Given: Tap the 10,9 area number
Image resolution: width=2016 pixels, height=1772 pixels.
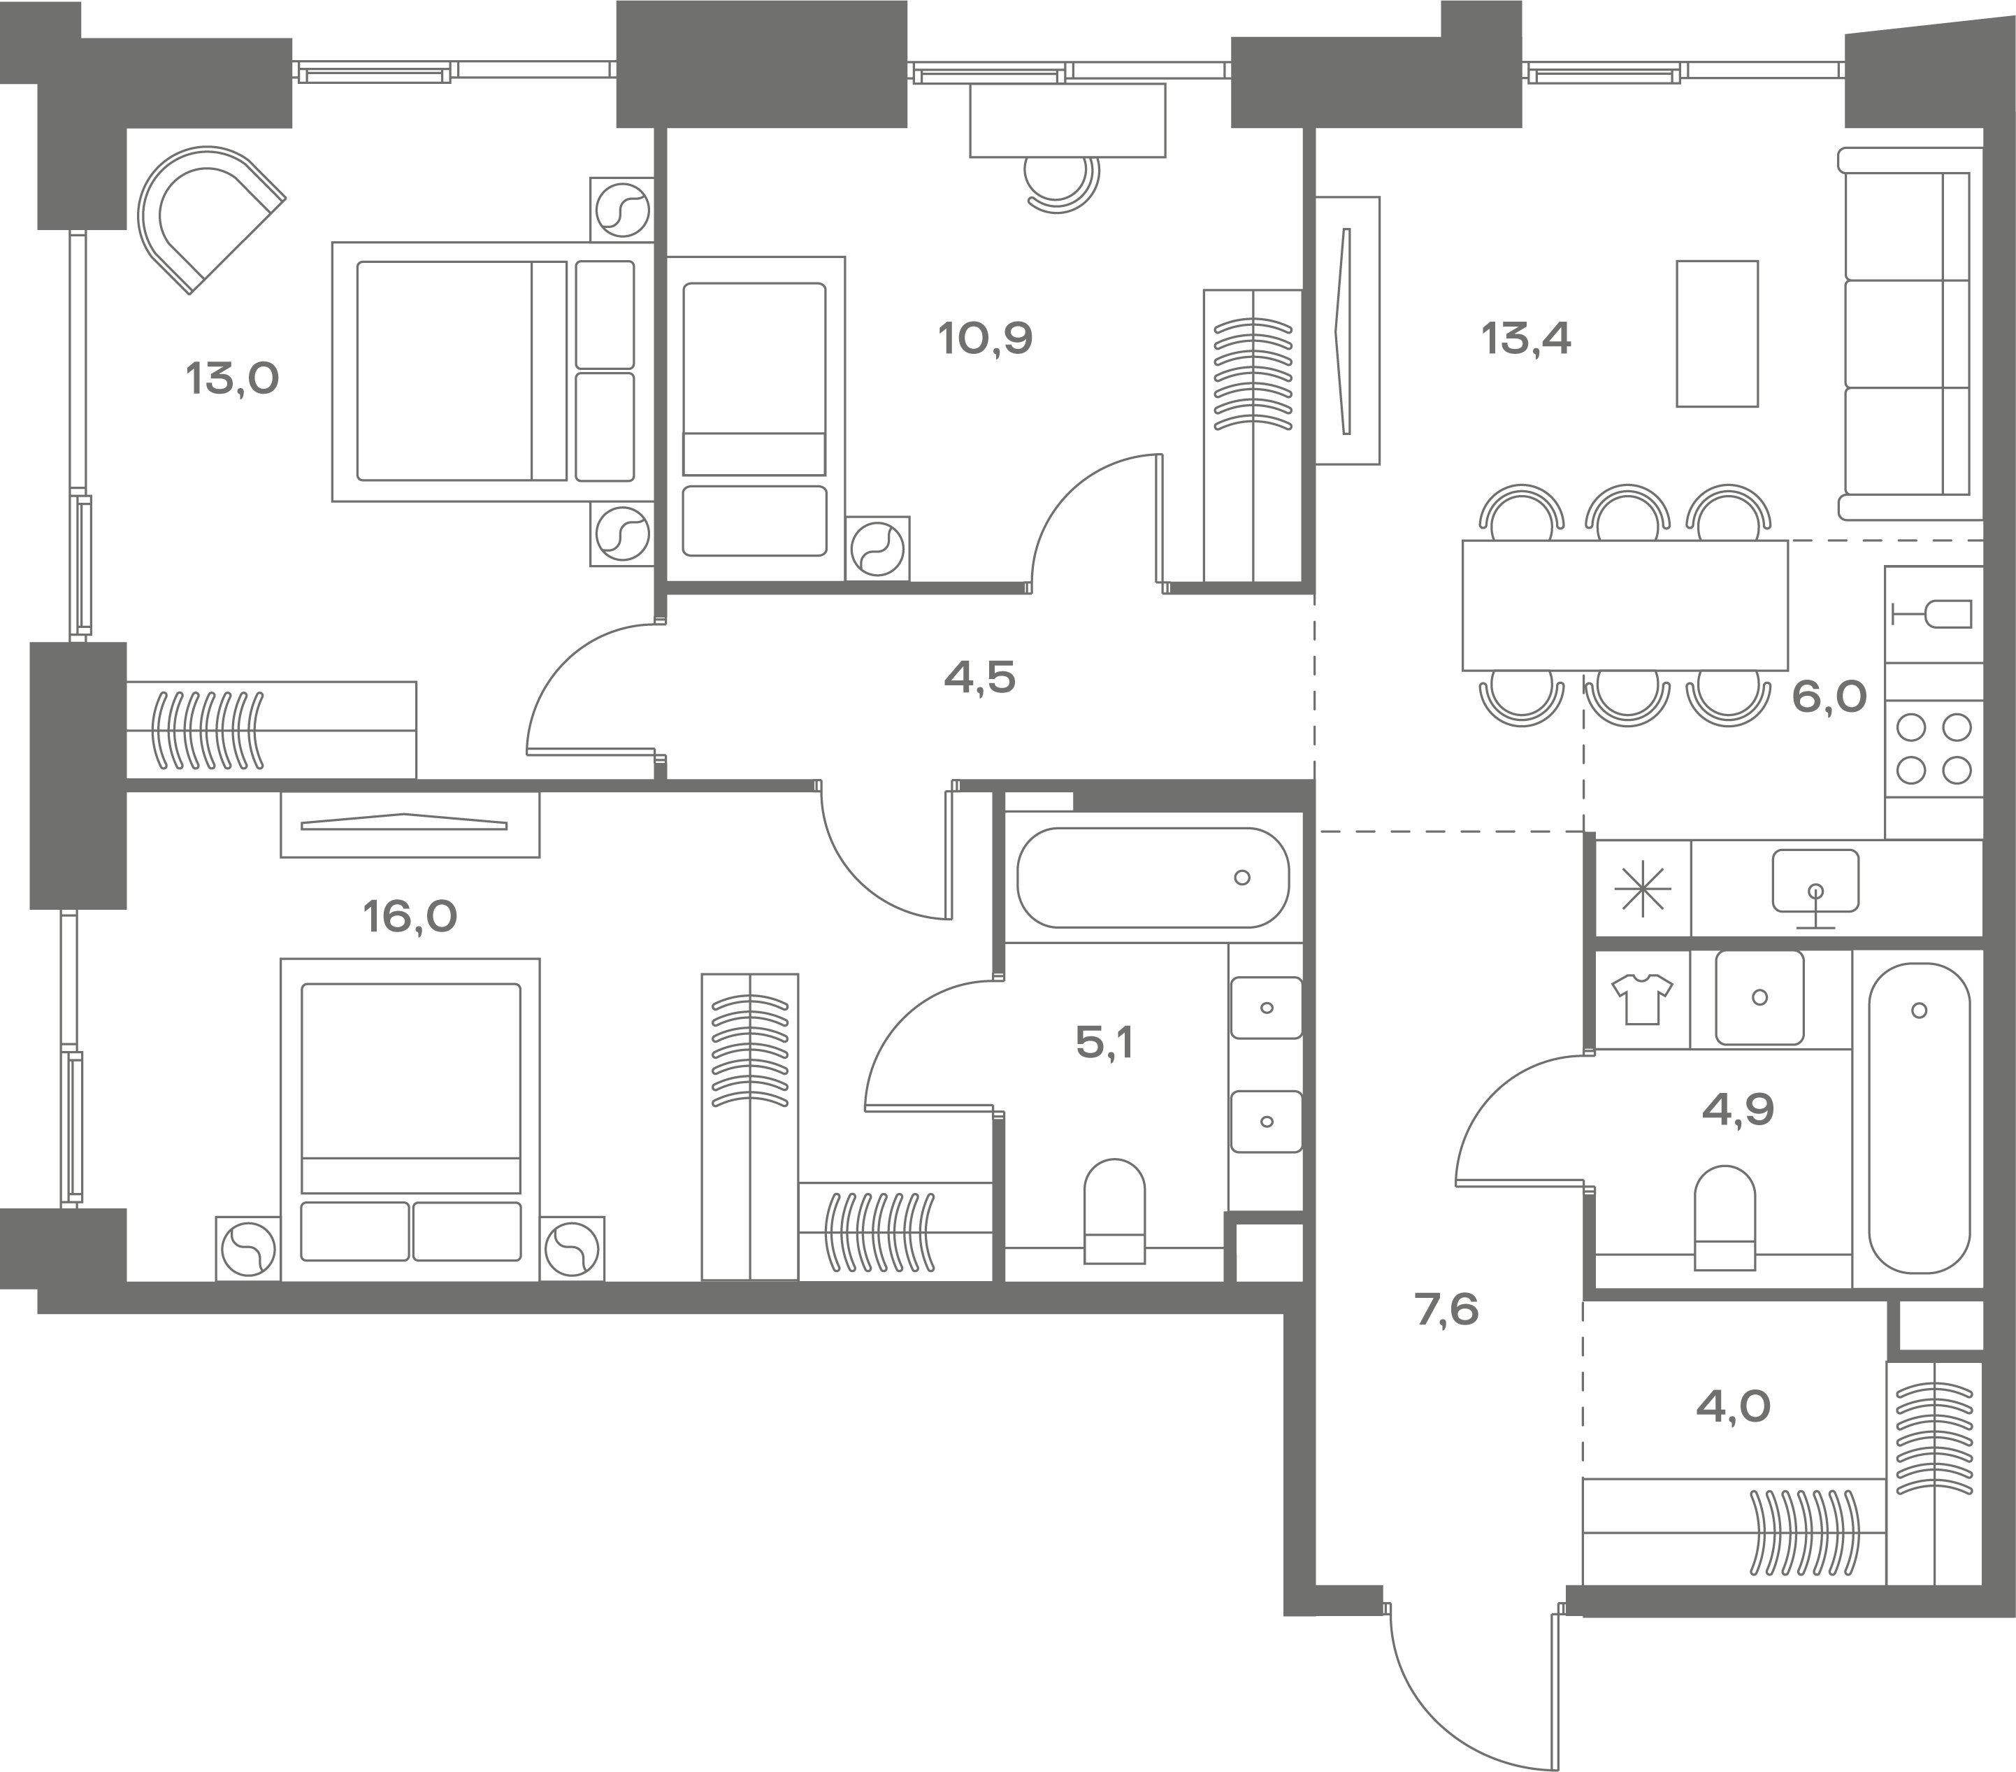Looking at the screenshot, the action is (x=986, y=338).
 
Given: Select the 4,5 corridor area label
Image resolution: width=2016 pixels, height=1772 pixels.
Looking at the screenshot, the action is (x=979, y=678).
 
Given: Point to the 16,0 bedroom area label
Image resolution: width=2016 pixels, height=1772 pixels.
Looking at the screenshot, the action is (x=410, y=917).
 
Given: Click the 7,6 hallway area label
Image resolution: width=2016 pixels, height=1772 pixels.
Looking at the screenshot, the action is (x=1447, y=1310).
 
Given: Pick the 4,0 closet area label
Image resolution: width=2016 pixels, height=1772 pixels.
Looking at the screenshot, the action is (x=1733, y=1407).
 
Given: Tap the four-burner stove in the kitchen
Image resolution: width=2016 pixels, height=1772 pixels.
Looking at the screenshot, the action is (x=1933, y=749).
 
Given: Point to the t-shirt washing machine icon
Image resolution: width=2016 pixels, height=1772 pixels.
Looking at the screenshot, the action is (x=1642, y=999).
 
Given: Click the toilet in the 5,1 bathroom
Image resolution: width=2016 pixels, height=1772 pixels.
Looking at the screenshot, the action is (x=1114, y=1210).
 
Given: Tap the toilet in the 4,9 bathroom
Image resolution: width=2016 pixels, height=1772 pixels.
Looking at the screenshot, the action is (x=1725, y=1217).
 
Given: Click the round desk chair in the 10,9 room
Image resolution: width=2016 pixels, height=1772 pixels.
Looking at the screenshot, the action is (x=1060, y=183).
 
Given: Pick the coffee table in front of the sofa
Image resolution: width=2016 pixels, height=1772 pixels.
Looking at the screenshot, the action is (x=1717, y=334).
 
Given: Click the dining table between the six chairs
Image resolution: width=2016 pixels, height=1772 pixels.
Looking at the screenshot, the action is (x=1625, y=606).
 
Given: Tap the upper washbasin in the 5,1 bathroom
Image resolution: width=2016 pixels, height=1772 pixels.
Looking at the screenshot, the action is (x=1267, y=1008).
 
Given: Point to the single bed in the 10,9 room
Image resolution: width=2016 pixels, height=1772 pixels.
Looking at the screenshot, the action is (x=754, y=420).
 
